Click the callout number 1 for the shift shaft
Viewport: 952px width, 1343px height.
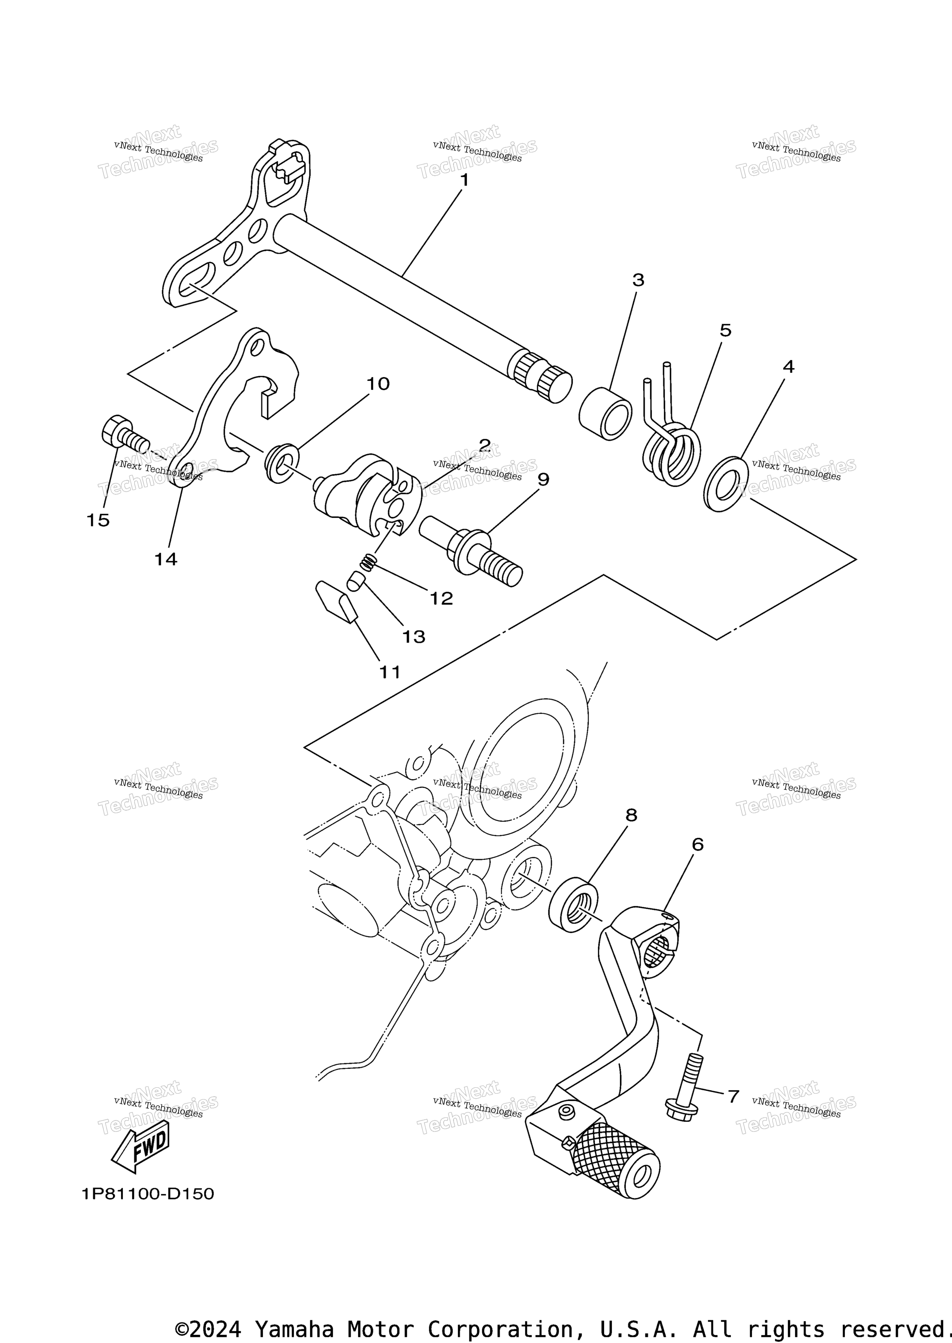464,180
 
